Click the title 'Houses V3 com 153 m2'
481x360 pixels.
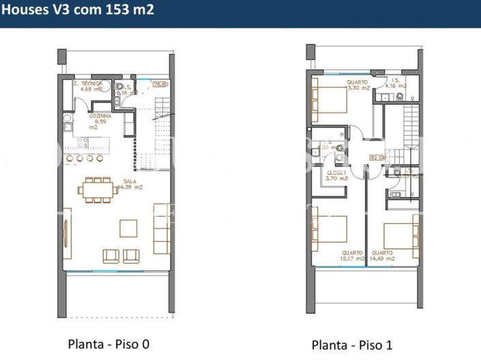(x=77, y=10)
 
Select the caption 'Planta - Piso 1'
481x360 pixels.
(x=351, y=344)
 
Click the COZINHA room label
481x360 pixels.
(x=100, y=121)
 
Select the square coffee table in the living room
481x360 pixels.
(x=128, y=227)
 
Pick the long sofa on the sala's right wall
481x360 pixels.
(x=162, y=228)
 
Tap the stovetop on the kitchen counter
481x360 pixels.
(x=84, y=142)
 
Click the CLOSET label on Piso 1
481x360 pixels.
(x=336, y=175)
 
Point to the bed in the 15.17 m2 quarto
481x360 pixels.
(x=330, y=229)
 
